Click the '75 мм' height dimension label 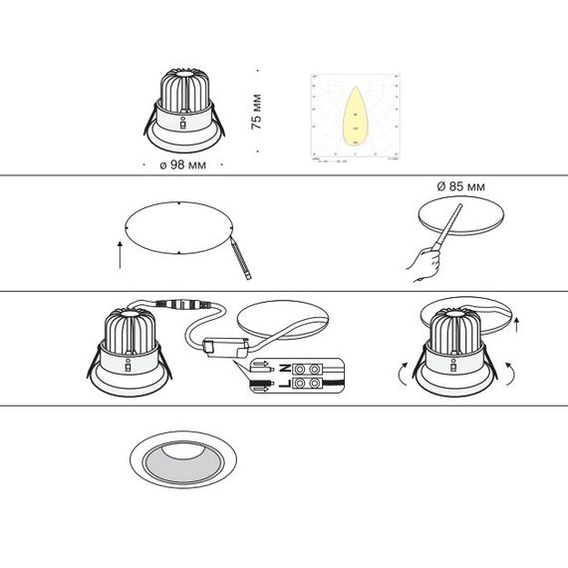tap(256, 111)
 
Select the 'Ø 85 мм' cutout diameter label tap(460, 186)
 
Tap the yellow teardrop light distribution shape tap(354, 116)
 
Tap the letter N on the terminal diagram tap(284, 368)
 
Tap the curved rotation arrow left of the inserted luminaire tap(403, 373)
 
